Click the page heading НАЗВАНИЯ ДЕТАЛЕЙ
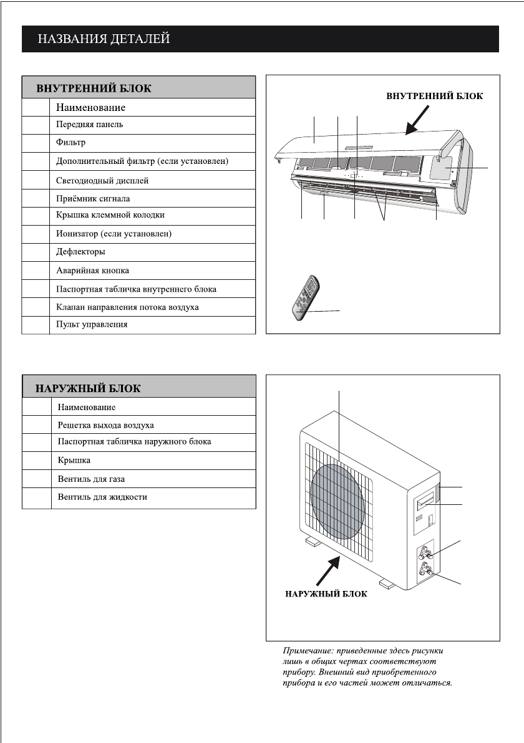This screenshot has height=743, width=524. pos(104,39)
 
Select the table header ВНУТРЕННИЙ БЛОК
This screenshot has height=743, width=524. pos(94,88)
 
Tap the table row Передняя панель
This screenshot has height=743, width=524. pos(90,125)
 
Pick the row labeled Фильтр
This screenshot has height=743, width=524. pos(70,143)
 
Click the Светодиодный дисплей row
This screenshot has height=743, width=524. pos(102,180)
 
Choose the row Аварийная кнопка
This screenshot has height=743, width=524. pos(92,271)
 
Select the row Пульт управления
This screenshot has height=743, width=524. pos(92,325)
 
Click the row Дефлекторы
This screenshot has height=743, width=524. pos(80,252)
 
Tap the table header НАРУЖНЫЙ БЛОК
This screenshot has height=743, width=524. pos(88,388)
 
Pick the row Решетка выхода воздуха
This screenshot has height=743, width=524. pos(105,425)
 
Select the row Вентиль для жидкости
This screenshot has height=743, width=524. pos(102,497)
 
